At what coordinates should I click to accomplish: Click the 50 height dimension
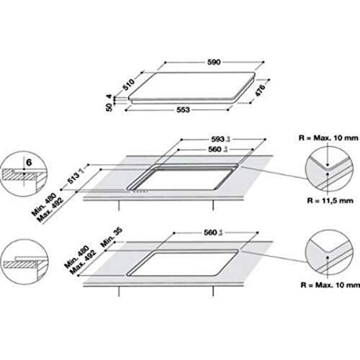[x=110, y=107]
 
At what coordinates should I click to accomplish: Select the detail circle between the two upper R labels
[x=328, y=171]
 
